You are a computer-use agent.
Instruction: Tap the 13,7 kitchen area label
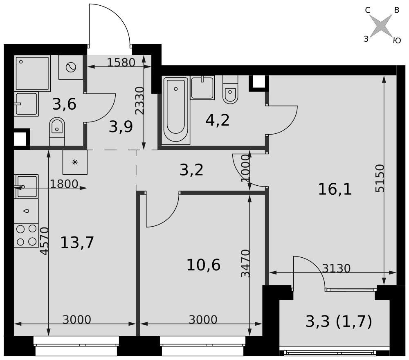coord(77,242)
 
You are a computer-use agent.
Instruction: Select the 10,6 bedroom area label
coord(203,265)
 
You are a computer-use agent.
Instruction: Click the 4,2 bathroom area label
coord(218,120)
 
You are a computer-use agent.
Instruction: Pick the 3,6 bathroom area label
coord(64,104)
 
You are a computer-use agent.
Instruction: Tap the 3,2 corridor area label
coord(191,170)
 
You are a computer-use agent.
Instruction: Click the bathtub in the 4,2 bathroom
coord(176,110)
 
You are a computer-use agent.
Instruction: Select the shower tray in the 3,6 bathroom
coord(32,73)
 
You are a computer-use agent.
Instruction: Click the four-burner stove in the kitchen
coord(26,236)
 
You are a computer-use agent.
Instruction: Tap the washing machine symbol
coord(71,67)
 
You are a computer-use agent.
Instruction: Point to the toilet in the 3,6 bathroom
coord(57,131)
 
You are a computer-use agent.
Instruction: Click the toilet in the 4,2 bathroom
coord(230,90)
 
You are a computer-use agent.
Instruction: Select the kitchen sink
coord(26,187)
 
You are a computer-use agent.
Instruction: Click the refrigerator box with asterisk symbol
coord(75,162)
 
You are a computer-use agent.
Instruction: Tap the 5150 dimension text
coord(380,178)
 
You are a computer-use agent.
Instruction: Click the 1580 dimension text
coord(121,62)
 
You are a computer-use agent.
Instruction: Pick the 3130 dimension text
coord(336,268)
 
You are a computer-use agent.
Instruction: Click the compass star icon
coord(381,25)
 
